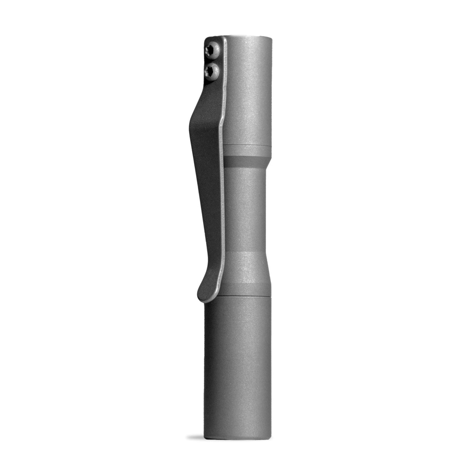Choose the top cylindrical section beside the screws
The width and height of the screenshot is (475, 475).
tap(250, 90)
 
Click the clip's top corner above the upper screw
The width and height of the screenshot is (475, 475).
tap(209, 39)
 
